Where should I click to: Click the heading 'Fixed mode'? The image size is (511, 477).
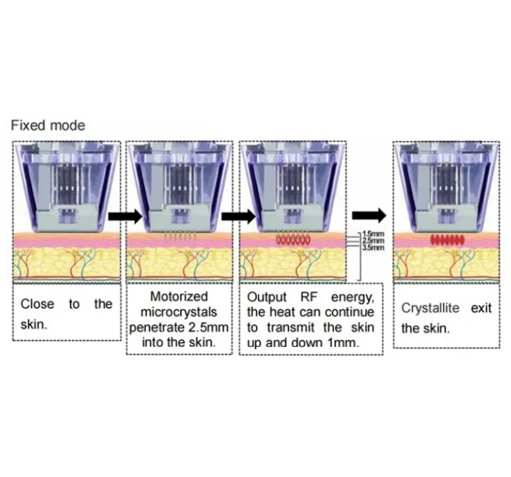tap(48, 125)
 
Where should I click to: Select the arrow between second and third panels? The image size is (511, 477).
tap(234, 217)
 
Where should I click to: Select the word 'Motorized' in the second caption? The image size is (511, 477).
tap(179, 298)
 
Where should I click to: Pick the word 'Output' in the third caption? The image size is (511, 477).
tap(265, 298)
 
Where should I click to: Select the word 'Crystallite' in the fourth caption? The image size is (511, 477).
tap(429, 308)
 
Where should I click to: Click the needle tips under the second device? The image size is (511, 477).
tap(179, 236)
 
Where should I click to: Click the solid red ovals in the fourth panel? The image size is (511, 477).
tap(447, 240)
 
